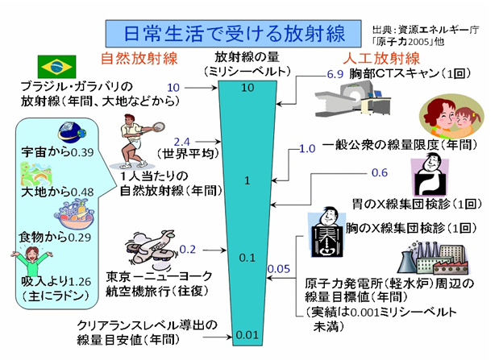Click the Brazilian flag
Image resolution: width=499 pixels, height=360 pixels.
click(x=56, y=67)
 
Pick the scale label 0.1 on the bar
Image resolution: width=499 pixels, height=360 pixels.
click(x=248, y=258)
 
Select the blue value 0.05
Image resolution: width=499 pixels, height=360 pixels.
click(x=279, y=268)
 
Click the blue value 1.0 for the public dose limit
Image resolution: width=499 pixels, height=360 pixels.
click(x=307, y=148)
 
